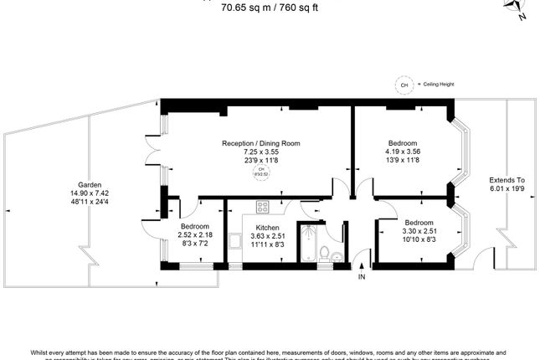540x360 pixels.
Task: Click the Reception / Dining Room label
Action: (260, 143)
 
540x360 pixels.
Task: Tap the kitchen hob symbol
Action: (261, 206)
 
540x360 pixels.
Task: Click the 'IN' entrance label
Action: (362, 276)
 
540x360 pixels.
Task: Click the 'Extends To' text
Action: (507, 179)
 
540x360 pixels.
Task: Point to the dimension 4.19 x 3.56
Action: (403, 152)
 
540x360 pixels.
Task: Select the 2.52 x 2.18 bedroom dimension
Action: (194, 234)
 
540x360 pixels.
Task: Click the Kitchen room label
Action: (267, 227)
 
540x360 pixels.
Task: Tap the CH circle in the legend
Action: (404, 85)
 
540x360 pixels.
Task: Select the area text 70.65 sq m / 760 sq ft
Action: (270, 8)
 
